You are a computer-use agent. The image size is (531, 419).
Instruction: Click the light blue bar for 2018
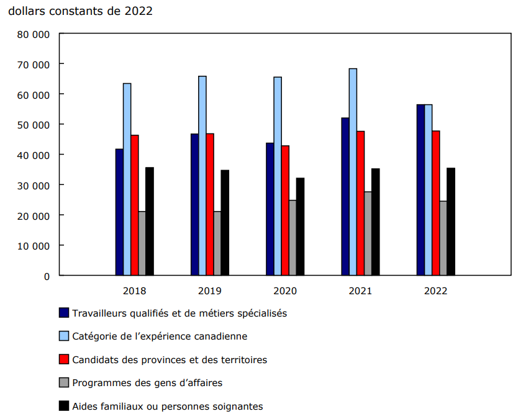pyautogui.click(x=127, y=179)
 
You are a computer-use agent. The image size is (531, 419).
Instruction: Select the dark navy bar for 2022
pyautogui.click(x=420, y=190)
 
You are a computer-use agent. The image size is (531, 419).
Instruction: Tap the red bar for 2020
pyautogui.click(x=285, y=210)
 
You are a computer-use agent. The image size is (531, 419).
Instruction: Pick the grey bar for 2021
pyautogui.click(x=368, y=233)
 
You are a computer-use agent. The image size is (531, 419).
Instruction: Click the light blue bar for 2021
pyautogui.click(x=353, y=172)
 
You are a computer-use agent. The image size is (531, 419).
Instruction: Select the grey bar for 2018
pyautogui.click(x=142, y=243)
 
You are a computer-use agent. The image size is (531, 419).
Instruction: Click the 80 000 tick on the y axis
pyautogui.click(x=37, y=34)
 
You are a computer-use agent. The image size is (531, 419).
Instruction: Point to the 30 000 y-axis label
pyautogui.click(x=37, y=185)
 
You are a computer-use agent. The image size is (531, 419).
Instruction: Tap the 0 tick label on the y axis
pyautogui.click(x=46, y=276)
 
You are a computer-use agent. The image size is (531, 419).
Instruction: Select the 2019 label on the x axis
pyautogui.click(x=210, y=291)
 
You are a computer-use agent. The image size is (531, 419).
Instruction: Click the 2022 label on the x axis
pyautogui.click(x=435, y=291)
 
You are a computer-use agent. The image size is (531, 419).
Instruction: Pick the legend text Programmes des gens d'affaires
pyautogui.click(x=147, y=383)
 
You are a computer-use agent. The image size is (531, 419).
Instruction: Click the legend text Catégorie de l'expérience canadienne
pyautogui.click(x=160, y=336)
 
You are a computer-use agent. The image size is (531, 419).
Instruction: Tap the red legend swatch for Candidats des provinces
pyautogui.click(x=63, y=359)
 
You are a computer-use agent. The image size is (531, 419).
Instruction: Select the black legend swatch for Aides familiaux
pyautogui.click(x=63, y=406)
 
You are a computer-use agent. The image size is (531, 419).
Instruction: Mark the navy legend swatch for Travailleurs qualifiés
pyautogui.click(x=63, y=313)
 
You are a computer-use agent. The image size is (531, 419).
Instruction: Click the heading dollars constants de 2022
pyautogui.click(x=81, y=12)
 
